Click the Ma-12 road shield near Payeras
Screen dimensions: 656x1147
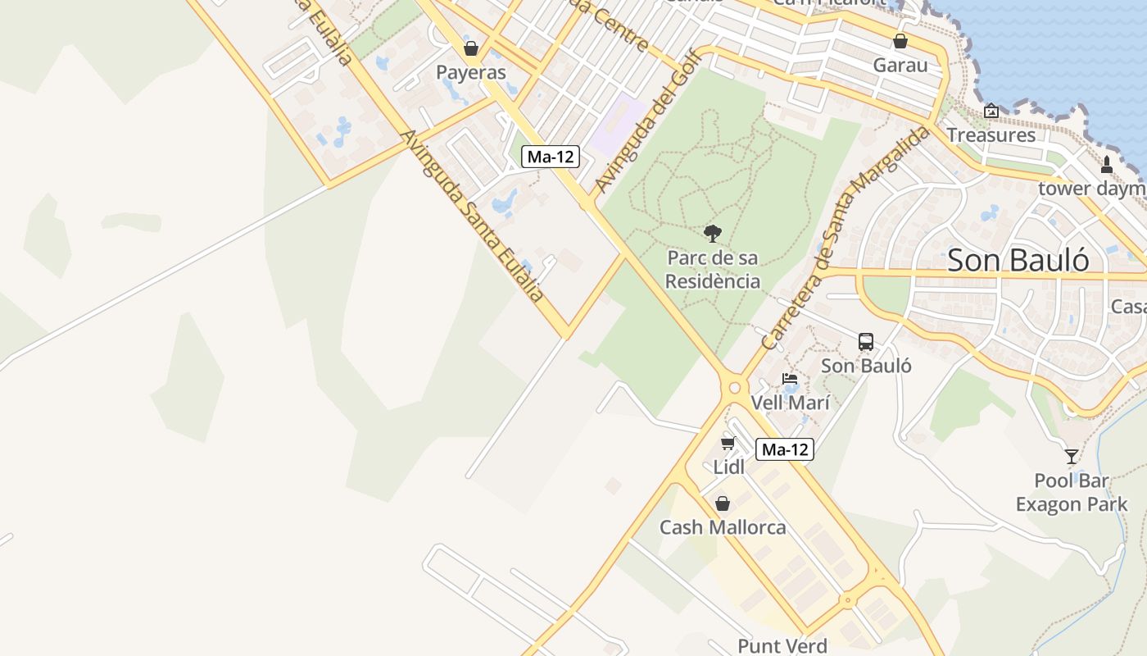point(551,157)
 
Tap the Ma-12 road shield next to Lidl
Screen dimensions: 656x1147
point(785,449)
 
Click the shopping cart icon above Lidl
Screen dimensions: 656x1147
point(728,444)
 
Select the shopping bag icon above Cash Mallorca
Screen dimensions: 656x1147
point(723,503)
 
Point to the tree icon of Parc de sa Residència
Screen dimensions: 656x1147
point(713,234)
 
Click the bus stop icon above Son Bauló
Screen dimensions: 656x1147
point(866,342)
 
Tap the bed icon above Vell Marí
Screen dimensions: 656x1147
point(790,379)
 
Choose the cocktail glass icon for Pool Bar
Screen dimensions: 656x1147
point(1072,456)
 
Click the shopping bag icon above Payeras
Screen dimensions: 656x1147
point(471,48)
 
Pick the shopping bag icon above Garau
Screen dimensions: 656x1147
point(900,41)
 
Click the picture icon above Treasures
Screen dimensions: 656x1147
point(991,111)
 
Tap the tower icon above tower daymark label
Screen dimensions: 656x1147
point(1107,164)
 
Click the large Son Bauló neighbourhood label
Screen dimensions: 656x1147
point(1018,260)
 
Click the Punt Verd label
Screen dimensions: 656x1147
point(782,646)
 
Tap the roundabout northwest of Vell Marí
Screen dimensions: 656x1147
point(734,388)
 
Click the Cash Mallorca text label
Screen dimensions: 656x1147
point(723,527)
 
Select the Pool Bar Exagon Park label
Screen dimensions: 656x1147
point(1072,492)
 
